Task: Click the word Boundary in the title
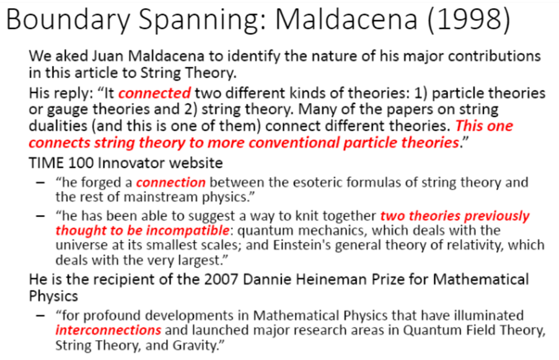[68, 20]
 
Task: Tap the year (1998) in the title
[469, 20]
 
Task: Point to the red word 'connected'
[155, 94]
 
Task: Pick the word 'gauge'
[68, 110]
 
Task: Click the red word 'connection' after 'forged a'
[171, 183]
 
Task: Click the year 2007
[221, 279]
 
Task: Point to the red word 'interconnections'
[108, 330]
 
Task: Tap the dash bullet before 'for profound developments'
[41, 316]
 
